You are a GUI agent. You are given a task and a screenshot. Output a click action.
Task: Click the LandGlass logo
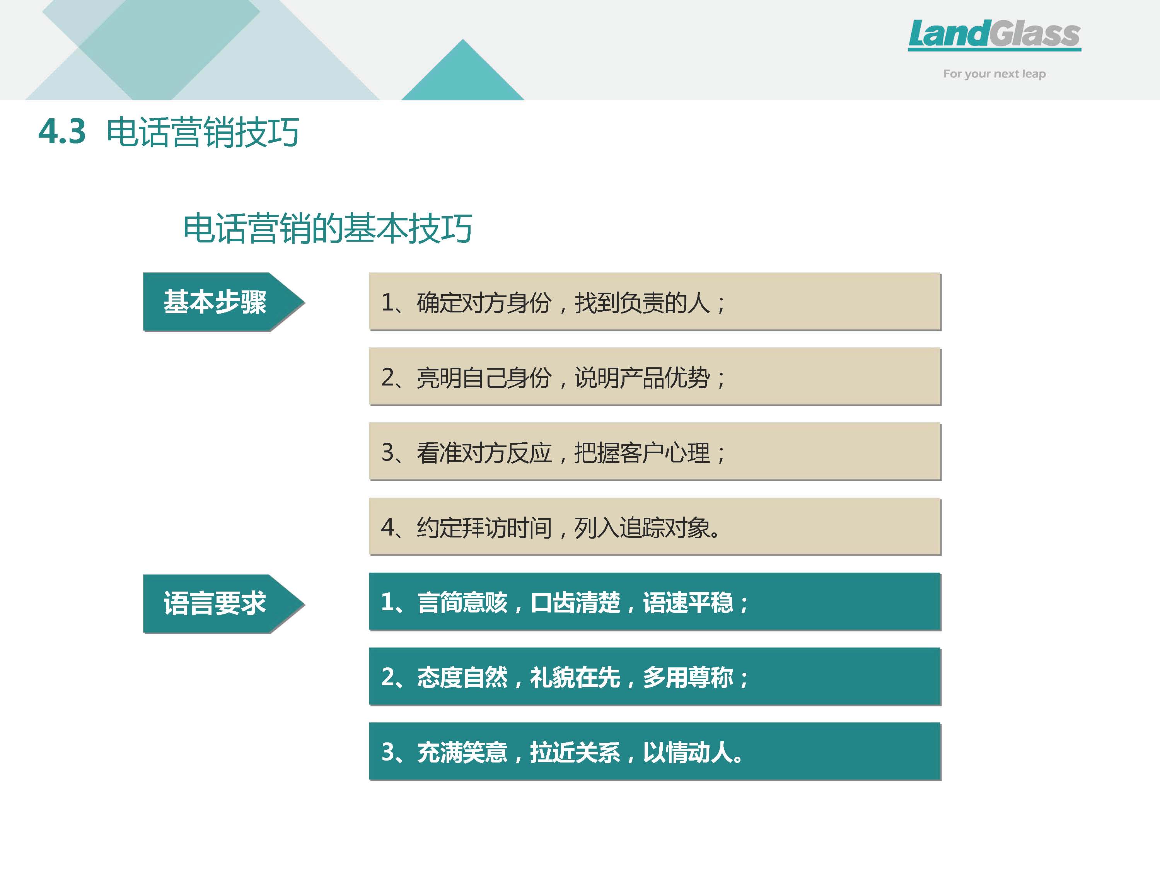pos(994,35)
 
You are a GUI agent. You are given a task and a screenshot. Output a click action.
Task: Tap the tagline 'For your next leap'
pos(994,74)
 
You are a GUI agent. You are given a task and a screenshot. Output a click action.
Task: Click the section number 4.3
pos(62,131)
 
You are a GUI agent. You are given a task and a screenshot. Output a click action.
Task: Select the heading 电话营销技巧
pos(203,131)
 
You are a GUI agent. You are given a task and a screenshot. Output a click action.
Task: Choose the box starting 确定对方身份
pos(655,302)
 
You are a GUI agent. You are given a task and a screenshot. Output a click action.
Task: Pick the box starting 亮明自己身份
pos(655,377)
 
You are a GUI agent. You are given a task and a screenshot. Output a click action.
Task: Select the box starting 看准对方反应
pos(655,452)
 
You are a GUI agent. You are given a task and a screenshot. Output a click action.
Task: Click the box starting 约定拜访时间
pos(655,527)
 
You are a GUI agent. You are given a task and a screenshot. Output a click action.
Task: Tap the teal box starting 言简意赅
pos(655,602)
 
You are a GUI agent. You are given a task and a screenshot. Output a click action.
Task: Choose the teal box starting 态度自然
pos(655,677)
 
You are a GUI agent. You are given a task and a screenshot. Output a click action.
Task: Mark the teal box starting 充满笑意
pos(655,751)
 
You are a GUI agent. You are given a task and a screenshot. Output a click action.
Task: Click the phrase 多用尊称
pos(688,677)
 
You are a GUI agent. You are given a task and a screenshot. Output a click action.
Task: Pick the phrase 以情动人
pos(688,752)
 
